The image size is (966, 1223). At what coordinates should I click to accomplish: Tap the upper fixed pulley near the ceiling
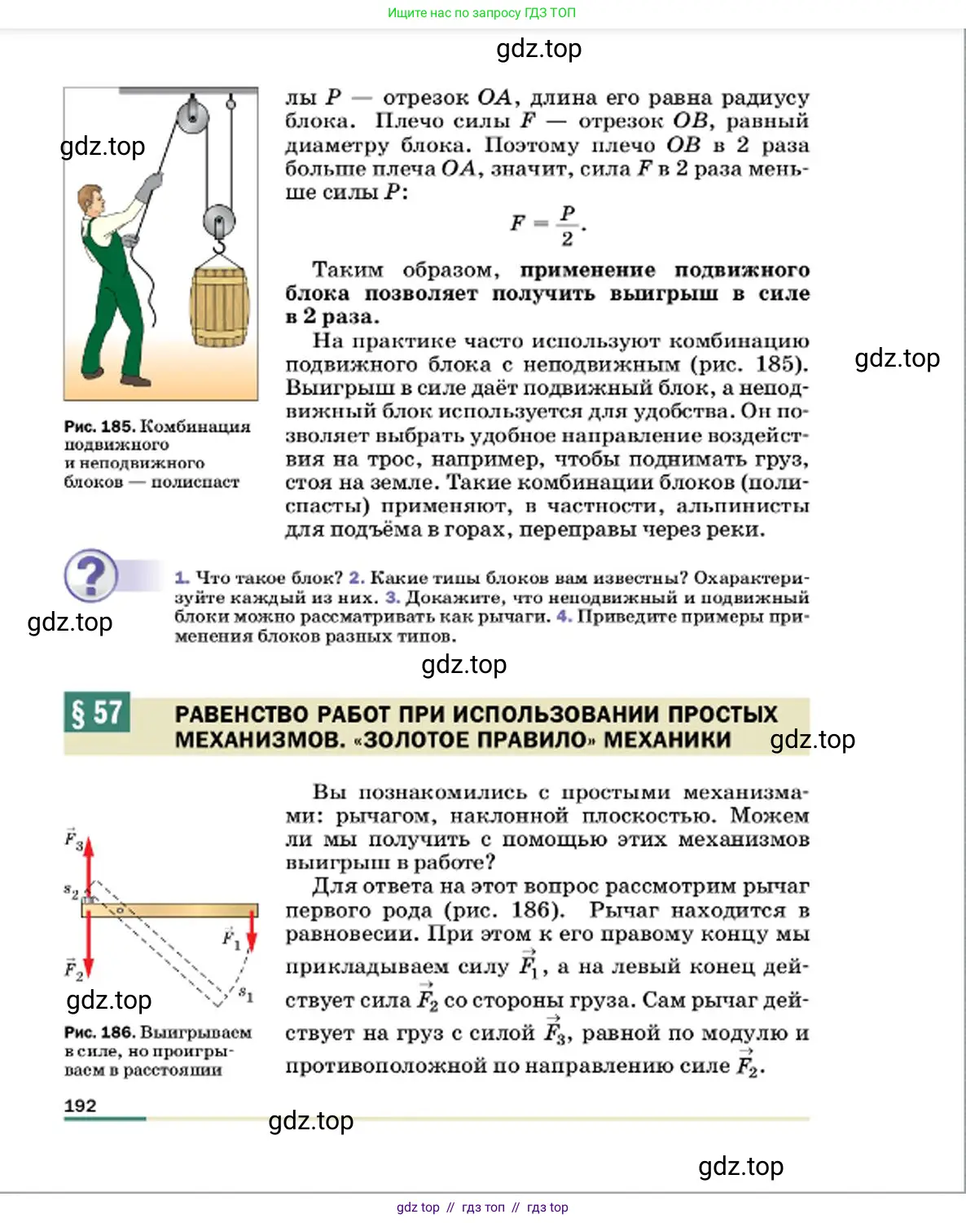point(193,114)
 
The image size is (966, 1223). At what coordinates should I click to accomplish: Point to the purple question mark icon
point(90,574)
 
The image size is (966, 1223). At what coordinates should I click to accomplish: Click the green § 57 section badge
point(97,713)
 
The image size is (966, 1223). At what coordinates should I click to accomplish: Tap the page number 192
point(80,1106)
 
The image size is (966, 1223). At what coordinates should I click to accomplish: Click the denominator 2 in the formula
point(567,239)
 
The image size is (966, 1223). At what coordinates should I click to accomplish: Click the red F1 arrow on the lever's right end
point(252,929)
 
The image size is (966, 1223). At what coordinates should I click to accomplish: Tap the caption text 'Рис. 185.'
point(99,426)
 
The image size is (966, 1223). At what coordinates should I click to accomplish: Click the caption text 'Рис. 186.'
point(99,1032)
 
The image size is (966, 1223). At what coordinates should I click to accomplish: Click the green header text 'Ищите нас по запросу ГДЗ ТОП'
point(481,13)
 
